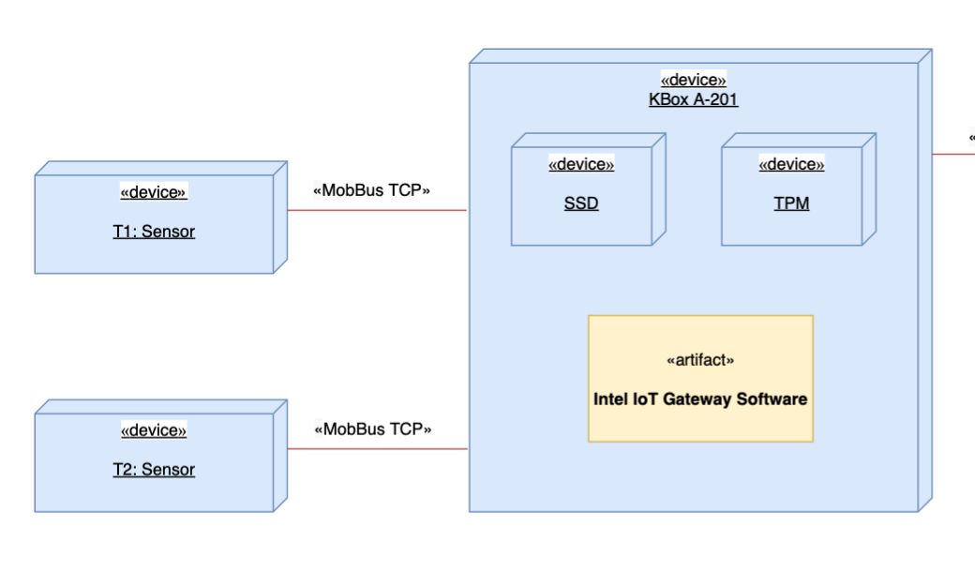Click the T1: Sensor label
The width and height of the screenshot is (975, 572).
(154, 232)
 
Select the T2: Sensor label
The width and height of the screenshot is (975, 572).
(154, 470)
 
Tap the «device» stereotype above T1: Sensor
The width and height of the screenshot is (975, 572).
(154, 192)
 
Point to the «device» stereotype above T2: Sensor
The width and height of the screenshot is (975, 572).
(154, 430)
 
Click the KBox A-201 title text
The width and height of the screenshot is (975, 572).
(693, 99)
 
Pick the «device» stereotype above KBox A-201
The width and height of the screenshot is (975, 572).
(693, 80)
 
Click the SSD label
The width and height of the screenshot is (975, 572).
(581, 203)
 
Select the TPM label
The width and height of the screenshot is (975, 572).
(791, 203)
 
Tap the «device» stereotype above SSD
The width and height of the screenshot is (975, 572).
(581, 165)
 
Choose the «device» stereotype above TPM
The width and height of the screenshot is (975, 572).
(791, 165)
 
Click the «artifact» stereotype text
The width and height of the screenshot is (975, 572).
(700, 360)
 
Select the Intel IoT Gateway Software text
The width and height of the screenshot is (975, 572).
(700, 399)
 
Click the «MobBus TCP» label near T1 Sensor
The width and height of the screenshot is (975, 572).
(371, 190)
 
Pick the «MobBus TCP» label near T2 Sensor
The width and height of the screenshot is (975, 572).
(372, 429)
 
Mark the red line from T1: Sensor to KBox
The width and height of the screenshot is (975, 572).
(375, 210)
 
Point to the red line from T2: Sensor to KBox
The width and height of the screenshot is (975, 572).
(375, 449)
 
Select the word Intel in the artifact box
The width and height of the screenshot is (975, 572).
(609, 399)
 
